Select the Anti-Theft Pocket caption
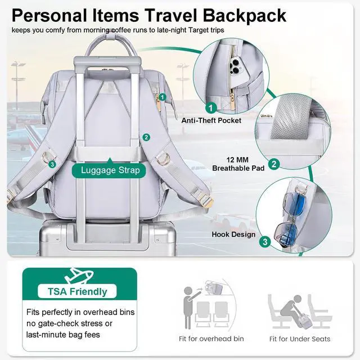[x=211, y=120]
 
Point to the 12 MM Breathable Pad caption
[x=238, y=164]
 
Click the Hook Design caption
[x=233, y=235]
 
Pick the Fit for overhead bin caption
[x=211, y=339]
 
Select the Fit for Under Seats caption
[x=299, y=339]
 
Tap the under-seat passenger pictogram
[x=299, y=309]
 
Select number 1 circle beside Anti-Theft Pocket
[x=211, y=106]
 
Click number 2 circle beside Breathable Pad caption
[x=274, y=164]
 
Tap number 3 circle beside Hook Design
[x=265, y=242]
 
